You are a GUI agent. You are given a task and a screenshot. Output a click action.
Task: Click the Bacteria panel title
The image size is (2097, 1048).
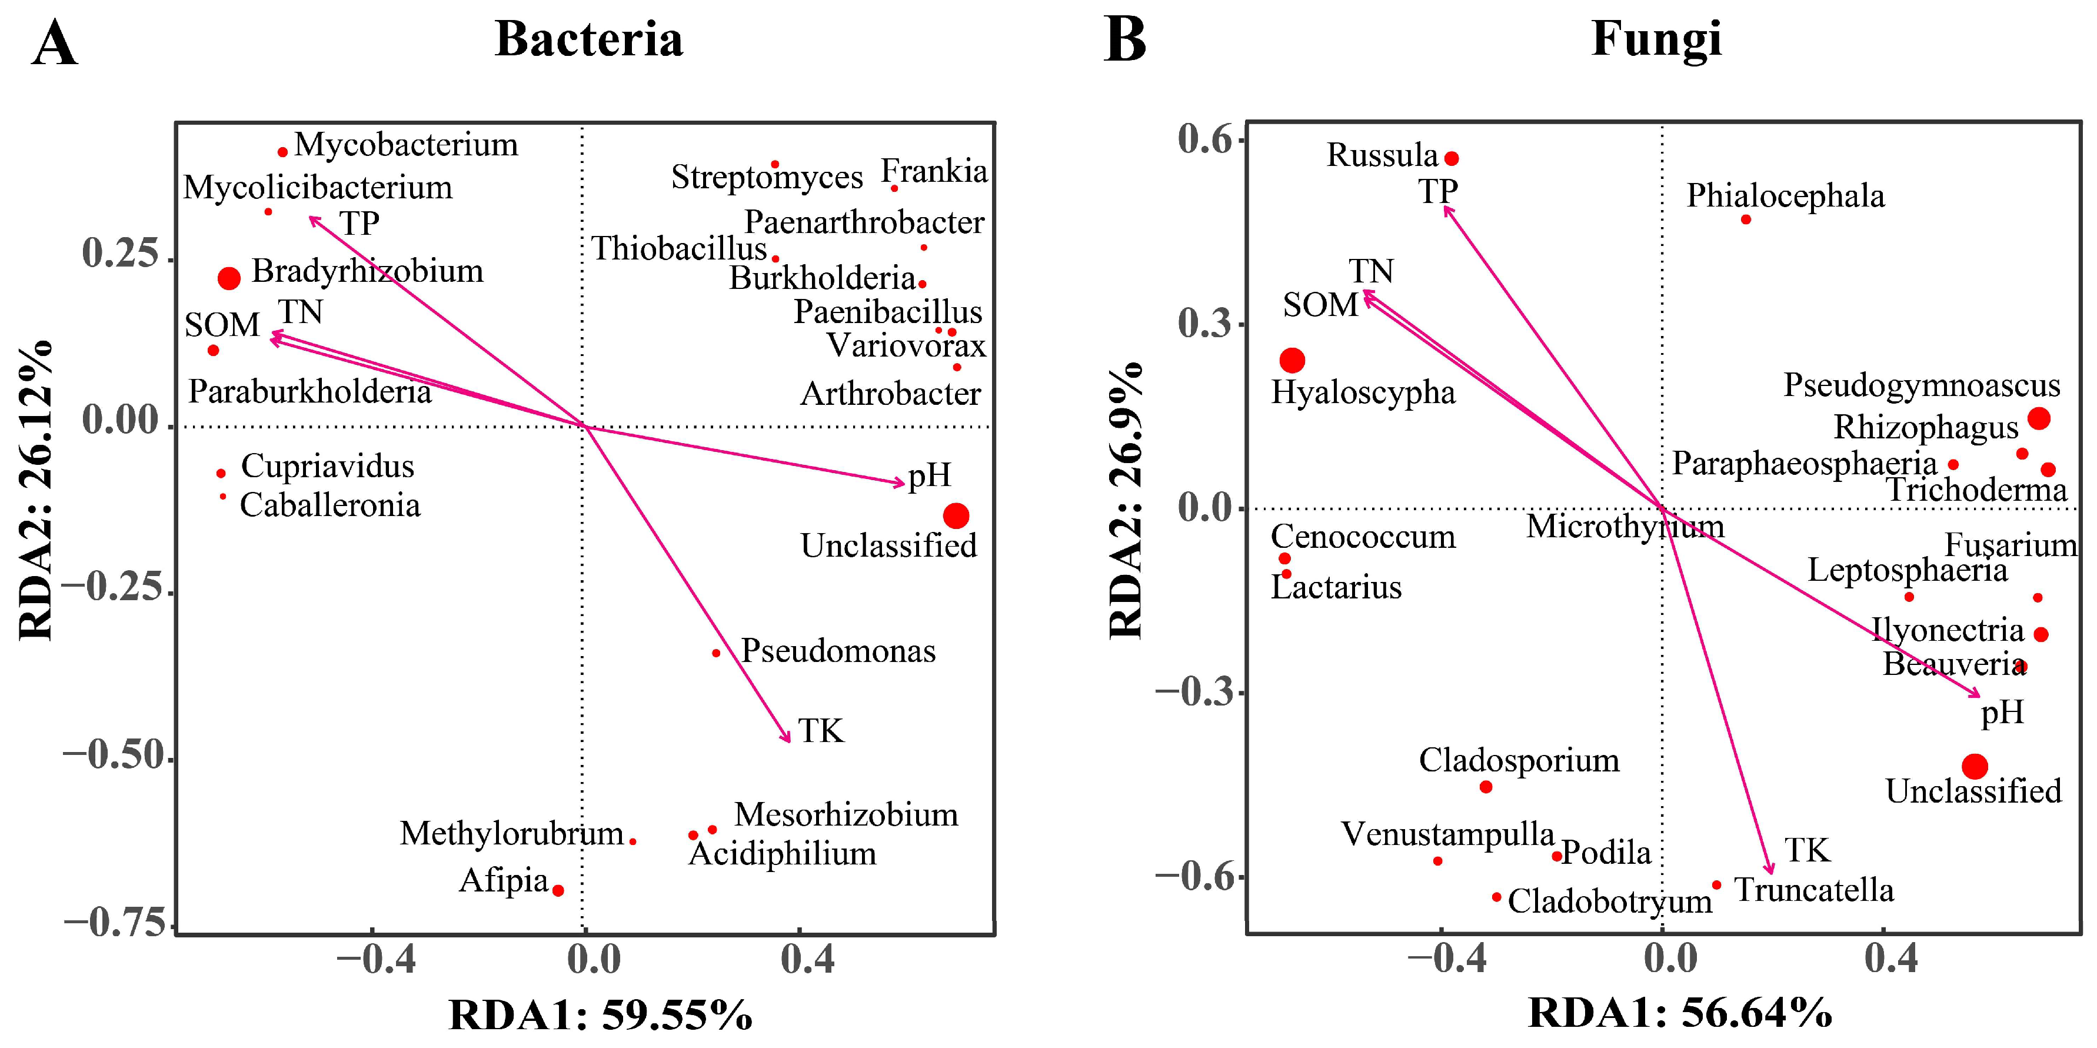point(588,38)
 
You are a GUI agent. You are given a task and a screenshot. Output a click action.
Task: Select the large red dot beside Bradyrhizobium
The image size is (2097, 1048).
point(229,278)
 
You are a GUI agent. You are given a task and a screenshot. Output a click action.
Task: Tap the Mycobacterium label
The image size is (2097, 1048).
point(405,145)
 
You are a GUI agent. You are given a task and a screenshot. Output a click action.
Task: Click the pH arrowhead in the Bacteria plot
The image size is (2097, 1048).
point(900,484)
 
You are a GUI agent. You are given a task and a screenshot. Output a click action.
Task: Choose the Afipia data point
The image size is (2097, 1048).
point(558,890)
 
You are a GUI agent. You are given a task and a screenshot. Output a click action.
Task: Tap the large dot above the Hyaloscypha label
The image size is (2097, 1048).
point(1292,360)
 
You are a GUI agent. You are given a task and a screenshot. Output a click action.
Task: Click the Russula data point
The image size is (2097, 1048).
point(1452,159)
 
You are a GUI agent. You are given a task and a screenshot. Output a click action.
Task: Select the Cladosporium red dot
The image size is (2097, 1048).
point(1486,787)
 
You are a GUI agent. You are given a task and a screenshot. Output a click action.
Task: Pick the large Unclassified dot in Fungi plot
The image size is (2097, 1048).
point(1975,766)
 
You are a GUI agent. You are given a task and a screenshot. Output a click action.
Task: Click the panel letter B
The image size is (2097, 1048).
point(1125,41)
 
